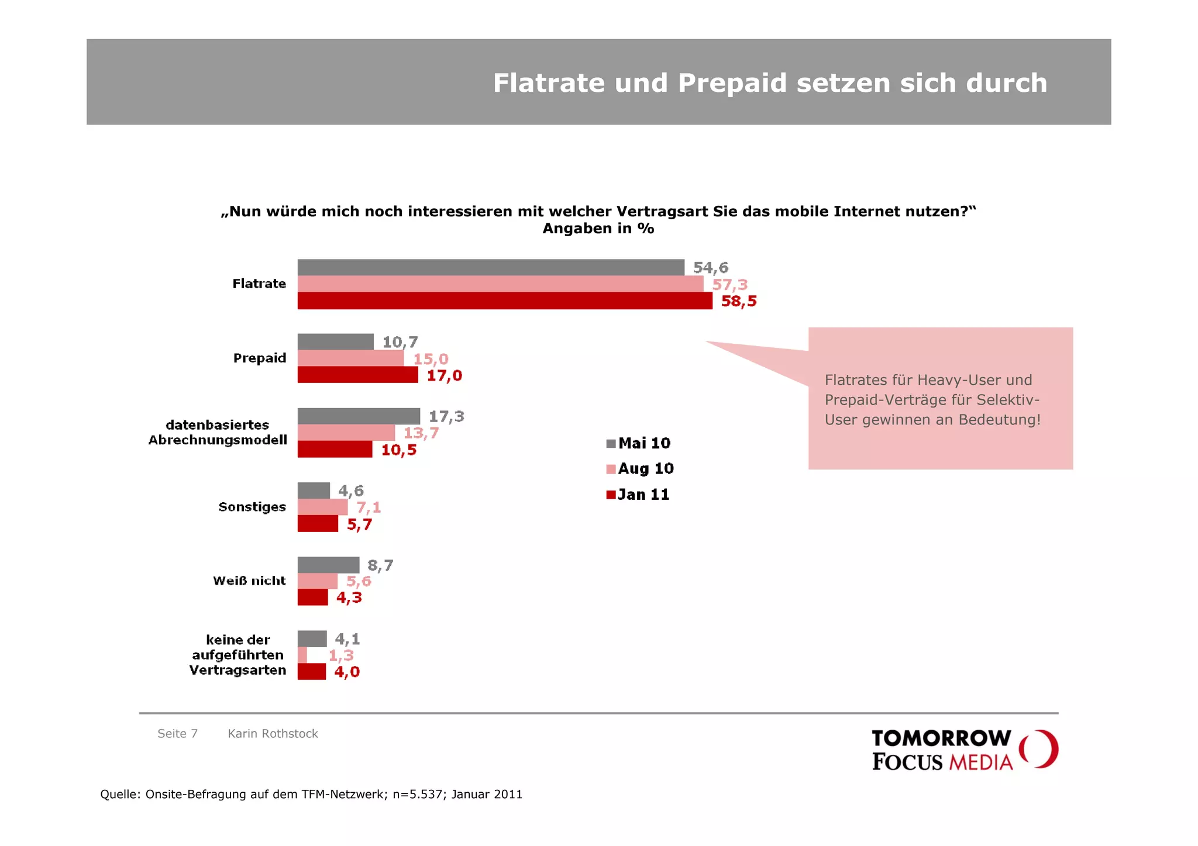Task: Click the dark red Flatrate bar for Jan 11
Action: tap(504, 301)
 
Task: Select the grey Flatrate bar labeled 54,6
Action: tap(490, 267)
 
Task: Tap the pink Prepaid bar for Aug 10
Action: tap(350, 358)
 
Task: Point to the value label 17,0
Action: tap(444, 375)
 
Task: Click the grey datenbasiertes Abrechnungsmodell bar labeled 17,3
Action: tap(358, 416)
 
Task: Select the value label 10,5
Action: tap(398, 450)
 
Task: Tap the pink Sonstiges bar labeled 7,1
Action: tap(322, 507)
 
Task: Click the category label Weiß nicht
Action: tap(249, 581)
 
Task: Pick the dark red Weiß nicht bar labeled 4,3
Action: tap(312, 598)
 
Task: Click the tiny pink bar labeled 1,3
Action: tap(302, 655)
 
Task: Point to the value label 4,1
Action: tap(347, 639)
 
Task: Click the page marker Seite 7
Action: tap(177, 734)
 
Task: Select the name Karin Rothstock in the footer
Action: tap(273, 734)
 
